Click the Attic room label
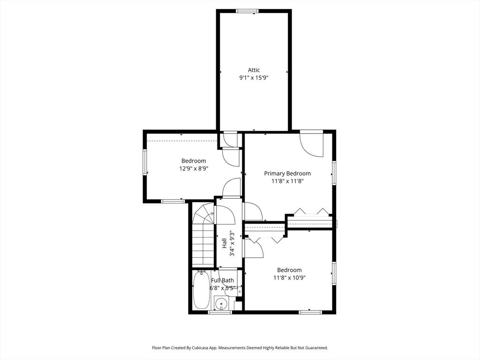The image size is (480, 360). point(254,70)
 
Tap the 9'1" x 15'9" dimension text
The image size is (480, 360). point(254,78)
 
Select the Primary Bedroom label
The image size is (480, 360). point(287,173)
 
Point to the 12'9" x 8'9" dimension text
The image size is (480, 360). point(194,168)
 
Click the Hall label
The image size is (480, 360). point(224,243)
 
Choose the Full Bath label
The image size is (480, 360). point(223,280)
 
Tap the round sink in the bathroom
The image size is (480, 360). point(220,304)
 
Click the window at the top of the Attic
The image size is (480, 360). point(247,11)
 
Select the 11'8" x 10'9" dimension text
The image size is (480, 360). point(290,277)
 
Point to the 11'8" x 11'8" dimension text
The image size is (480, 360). point(287,181)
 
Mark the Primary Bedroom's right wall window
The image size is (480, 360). point(334,173)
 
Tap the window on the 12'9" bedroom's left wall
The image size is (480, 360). point(145,162)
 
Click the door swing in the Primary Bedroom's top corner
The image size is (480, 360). point(312,144)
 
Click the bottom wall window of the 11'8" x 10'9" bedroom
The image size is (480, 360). point(310,312)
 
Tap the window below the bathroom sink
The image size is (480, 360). point(220,312)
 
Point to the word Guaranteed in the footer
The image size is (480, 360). point(318,348)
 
